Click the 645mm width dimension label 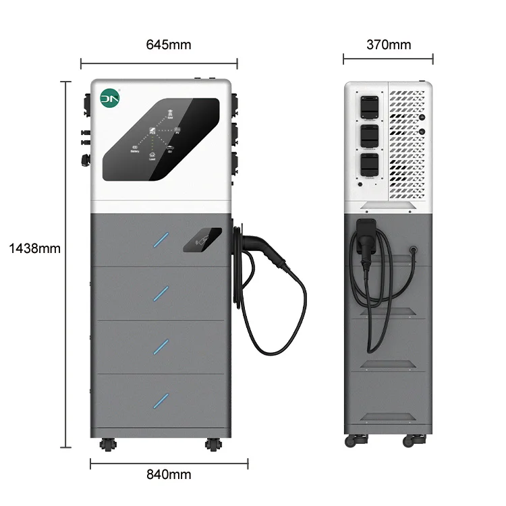point(169,45)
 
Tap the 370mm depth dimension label point(388,45)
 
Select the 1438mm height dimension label point(34,248)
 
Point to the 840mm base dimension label point(169,474)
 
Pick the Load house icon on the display point(152,156)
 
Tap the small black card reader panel point(202,240)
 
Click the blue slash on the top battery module point(161,239)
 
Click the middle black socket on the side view point(368,136)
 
